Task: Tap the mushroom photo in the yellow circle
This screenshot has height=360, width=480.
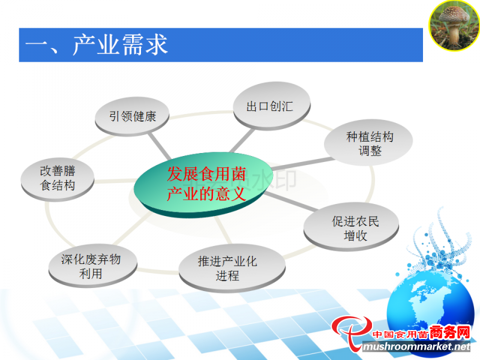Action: point(454,25)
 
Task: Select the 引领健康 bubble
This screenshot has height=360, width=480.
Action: point(132,116)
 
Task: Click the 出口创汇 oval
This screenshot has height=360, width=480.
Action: point(272,106)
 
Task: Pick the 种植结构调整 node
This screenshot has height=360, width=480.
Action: point(368,143)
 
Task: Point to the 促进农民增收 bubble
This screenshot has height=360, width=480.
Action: point(351,227)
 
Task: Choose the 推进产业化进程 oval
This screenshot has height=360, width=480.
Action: point(232,268)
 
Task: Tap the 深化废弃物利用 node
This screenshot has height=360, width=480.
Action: point(93,266)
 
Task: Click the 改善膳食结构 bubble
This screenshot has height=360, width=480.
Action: point(58,179)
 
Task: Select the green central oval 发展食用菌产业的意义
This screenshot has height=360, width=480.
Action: point(203,185)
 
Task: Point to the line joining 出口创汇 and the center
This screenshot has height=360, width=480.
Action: point(242,140)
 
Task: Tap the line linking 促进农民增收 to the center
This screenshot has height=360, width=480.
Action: point(291,202)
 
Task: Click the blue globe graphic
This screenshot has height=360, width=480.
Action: point(428,309)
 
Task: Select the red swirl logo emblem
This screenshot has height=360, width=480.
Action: point(352,333)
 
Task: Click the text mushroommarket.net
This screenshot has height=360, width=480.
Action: point(417,347)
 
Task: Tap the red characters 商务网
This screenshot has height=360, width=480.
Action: point(449,333)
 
